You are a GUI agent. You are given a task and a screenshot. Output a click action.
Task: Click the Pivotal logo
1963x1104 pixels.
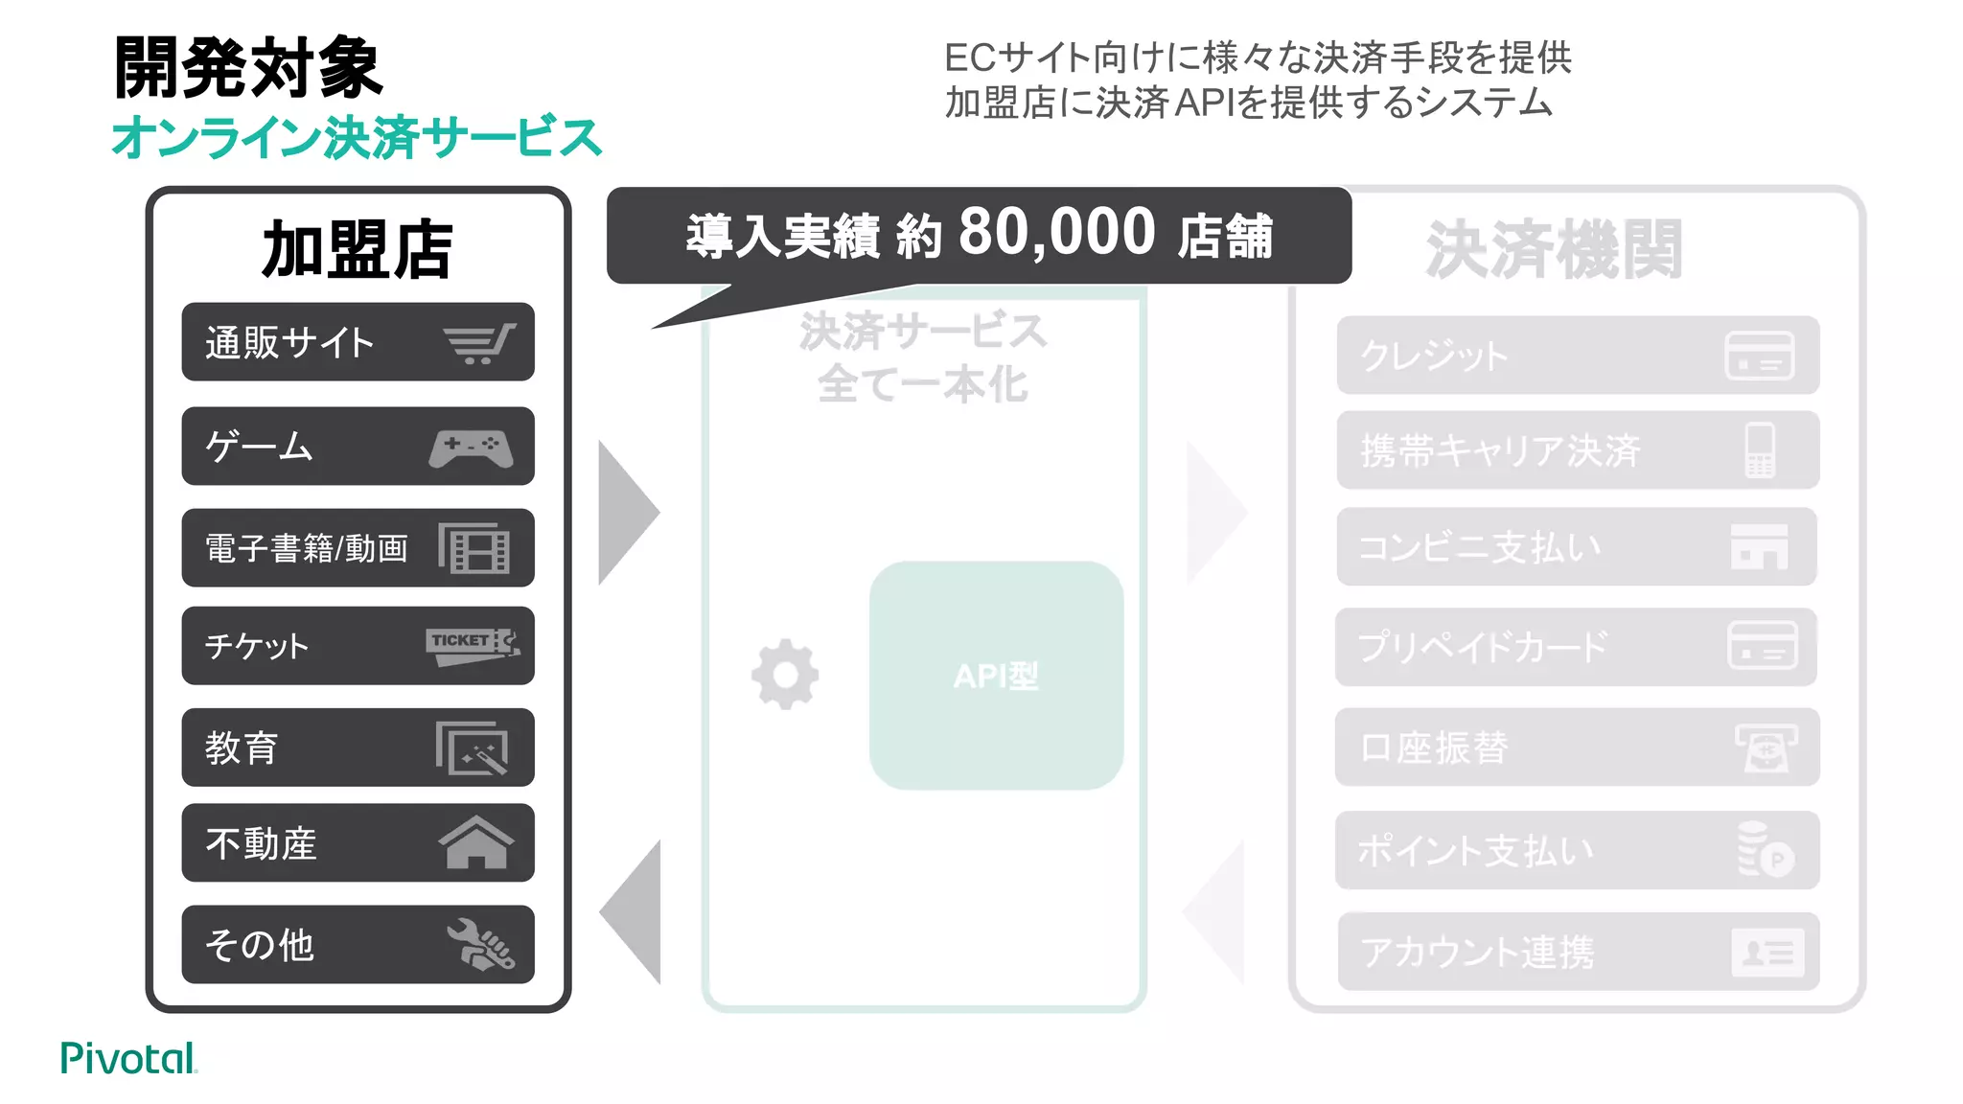click(128, 1058)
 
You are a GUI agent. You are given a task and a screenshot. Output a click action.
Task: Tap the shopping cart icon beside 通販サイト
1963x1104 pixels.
click(479, 343)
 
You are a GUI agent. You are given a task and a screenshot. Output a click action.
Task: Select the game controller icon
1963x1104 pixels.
click(471, 448)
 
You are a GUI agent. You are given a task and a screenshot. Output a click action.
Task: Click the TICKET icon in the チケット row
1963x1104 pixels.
click(473, 645)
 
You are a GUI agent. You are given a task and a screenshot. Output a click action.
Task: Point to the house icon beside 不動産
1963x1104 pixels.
click(475, 842)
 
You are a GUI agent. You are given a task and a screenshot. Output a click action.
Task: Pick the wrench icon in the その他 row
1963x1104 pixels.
click(480, 945)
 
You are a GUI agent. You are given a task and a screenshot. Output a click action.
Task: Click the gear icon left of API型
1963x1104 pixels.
click(785, 674)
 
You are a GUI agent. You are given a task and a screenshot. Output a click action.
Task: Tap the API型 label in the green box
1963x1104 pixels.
click(996, 677)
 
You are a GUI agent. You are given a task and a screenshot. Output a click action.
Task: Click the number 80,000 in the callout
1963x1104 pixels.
click(1056, 233)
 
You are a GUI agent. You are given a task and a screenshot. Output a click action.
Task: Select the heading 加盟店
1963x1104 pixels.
click(357, 249)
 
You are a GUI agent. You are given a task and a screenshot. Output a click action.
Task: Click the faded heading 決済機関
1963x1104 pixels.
click(1554, 249)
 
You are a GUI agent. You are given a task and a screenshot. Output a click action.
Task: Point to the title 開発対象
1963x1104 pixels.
click(248, 67)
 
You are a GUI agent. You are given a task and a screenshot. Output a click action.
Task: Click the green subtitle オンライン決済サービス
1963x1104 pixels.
click(357, 137)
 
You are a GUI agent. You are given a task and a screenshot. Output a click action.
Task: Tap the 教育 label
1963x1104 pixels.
click(242, 747)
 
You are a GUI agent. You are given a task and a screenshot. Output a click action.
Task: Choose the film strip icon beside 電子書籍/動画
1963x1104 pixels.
click(473, 548)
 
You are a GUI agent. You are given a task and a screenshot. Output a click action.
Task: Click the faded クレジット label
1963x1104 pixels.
click(1434, 356)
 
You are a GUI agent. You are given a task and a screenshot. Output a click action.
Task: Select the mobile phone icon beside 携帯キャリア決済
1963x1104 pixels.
click(1760, 450)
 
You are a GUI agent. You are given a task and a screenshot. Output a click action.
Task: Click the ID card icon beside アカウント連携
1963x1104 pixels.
click(1767, 953)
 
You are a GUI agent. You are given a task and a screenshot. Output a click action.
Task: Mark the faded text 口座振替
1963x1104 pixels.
click(1434, 747)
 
